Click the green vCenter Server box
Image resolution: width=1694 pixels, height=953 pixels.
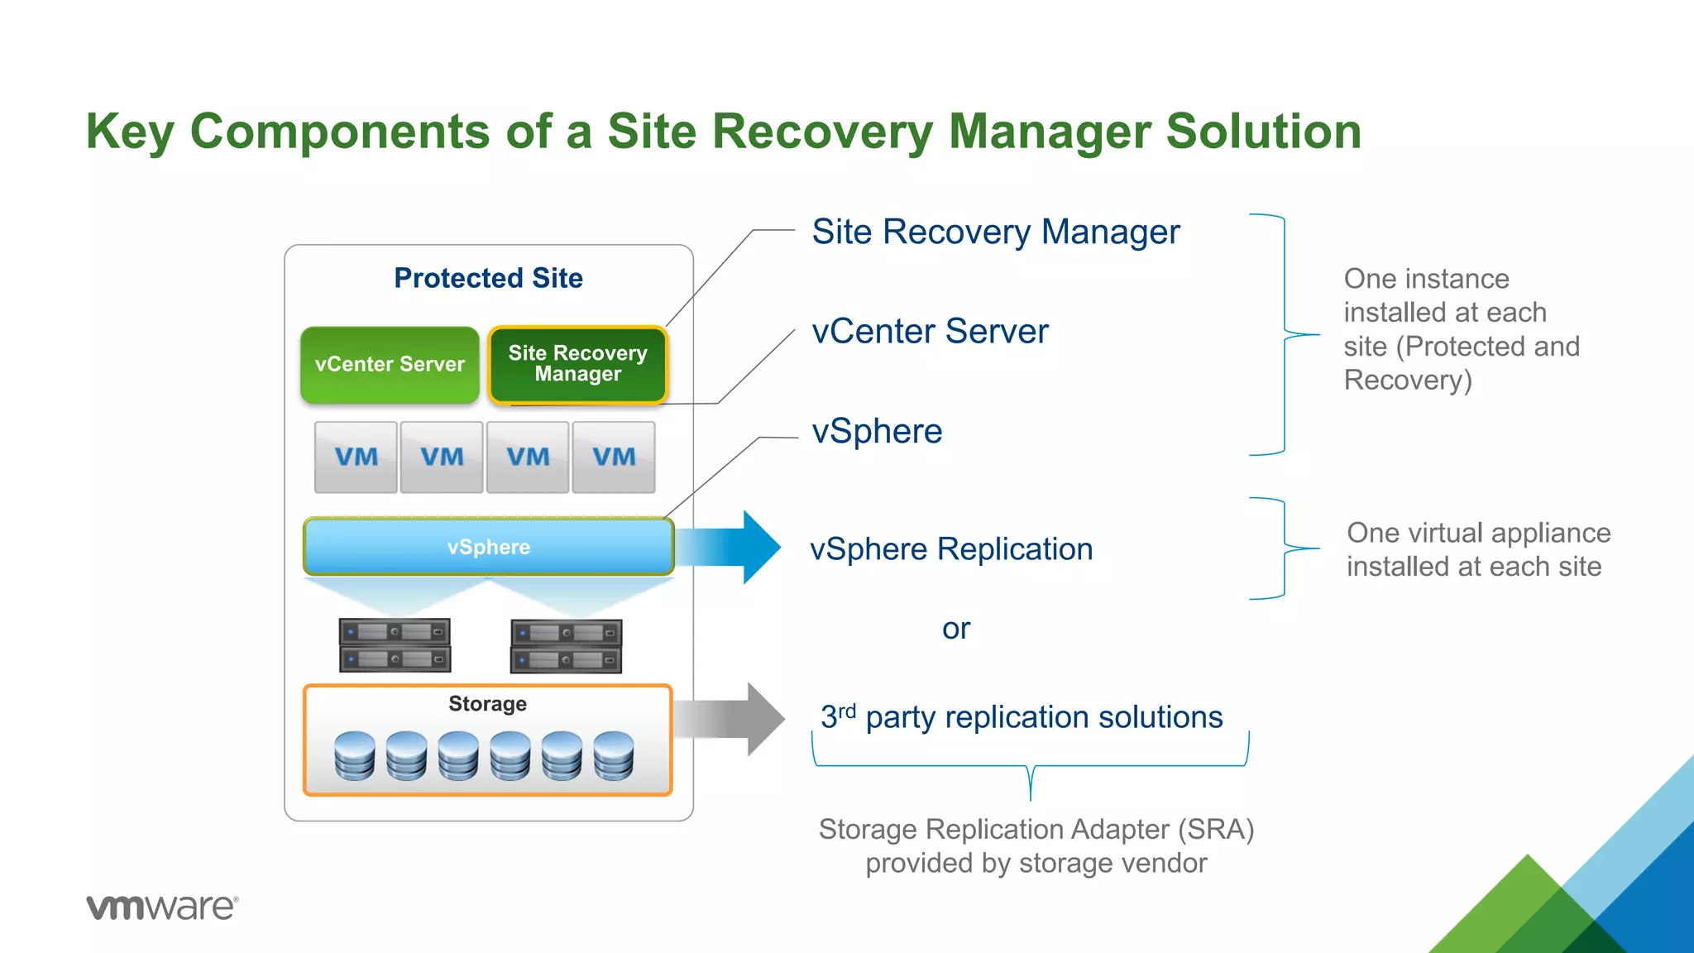390,365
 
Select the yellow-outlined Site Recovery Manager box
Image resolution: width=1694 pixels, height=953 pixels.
577,365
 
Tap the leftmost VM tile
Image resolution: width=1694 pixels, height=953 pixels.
356,457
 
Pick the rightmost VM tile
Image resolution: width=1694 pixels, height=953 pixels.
614,457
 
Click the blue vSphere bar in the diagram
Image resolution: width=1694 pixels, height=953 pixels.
488,547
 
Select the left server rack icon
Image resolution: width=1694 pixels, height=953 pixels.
395,645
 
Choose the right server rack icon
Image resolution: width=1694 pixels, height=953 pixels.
567,646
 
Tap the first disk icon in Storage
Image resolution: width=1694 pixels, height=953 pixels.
355,755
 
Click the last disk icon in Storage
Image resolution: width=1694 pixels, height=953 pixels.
614,755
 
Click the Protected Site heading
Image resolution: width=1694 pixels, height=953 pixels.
488,278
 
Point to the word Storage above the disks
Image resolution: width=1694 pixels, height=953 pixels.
487,704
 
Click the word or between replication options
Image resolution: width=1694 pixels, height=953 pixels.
955,630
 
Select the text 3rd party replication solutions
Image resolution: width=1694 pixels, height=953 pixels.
1022,717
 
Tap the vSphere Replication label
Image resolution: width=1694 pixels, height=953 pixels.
951,549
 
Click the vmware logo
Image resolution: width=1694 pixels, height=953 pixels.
162,907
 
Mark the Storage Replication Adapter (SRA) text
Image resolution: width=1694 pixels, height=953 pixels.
1036,829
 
